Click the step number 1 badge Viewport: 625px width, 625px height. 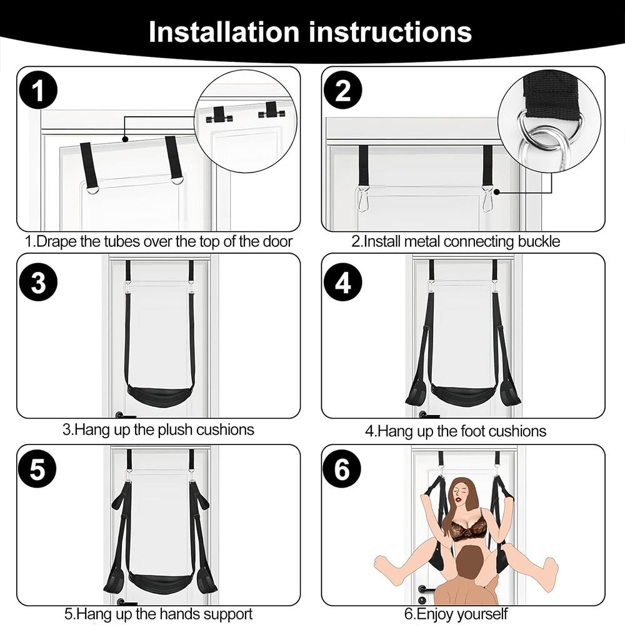38,91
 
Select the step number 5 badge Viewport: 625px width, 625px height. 38,470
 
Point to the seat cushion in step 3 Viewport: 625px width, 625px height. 159,395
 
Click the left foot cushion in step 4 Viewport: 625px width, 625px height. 416,392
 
